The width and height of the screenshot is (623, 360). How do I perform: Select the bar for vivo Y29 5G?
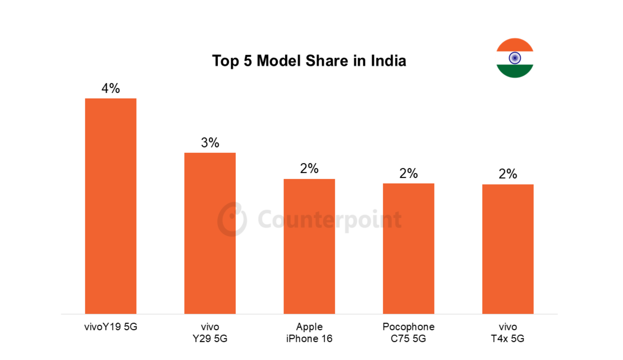tap(210, 233)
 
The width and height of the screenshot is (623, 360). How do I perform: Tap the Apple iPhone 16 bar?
tap(309, 246)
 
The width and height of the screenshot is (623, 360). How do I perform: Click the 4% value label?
tap(111, 88)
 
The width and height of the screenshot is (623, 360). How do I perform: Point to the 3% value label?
tap(210, 143)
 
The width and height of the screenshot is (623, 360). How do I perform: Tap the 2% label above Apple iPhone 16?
tap(309, 168)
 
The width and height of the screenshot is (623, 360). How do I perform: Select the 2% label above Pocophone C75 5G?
tap(408, 174)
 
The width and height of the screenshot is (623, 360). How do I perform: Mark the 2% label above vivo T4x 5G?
tap(508, 174)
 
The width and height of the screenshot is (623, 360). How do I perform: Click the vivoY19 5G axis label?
tap(111, 327)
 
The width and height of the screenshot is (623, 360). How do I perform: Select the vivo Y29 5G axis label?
tap(210, 333)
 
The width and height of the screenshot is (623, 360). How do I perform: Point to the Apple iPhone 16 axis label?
tap(309, 333)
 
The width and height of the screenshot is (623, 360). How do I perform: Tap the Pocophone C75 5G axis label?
tap(408, 333)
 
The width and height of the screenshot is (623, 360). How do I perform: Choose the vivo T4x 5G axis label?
tap(508, 333)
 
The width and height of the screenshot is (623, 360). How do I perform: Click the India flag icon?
tap(515, 58)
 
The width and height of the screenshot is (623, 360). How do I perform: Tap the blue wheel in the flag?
tap(515, 58)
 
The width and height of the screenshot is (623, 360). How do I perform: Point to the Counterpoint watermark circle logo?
tap(232, 219)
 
